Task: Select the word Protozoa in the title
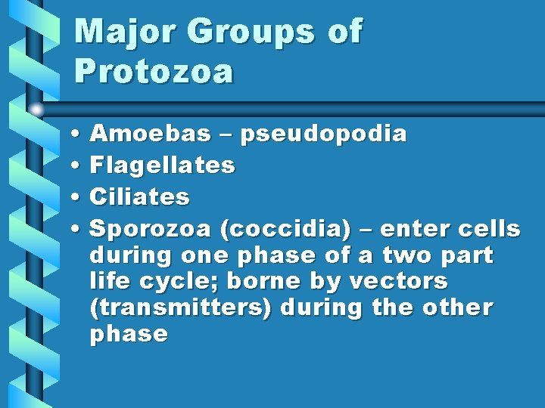tap(154, 71)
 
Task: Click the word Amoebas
tap(150, 134)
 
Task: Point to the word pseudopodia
tap(324, 134)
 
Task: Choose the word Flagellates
tap(162, 165)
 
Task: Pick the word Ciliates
tap(139, 196)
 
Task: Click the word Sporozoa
tap(151, 228)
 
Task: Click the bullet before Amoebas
tap(79, 135)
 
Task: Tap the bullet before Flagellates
tap(79, 165)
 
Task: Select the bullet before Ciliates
tap(79, 197)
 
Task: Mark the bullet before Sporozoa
tap(79, 229)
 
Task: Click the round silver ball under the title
tap(37, 110)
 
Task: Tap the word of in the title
tap(345, 32)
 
